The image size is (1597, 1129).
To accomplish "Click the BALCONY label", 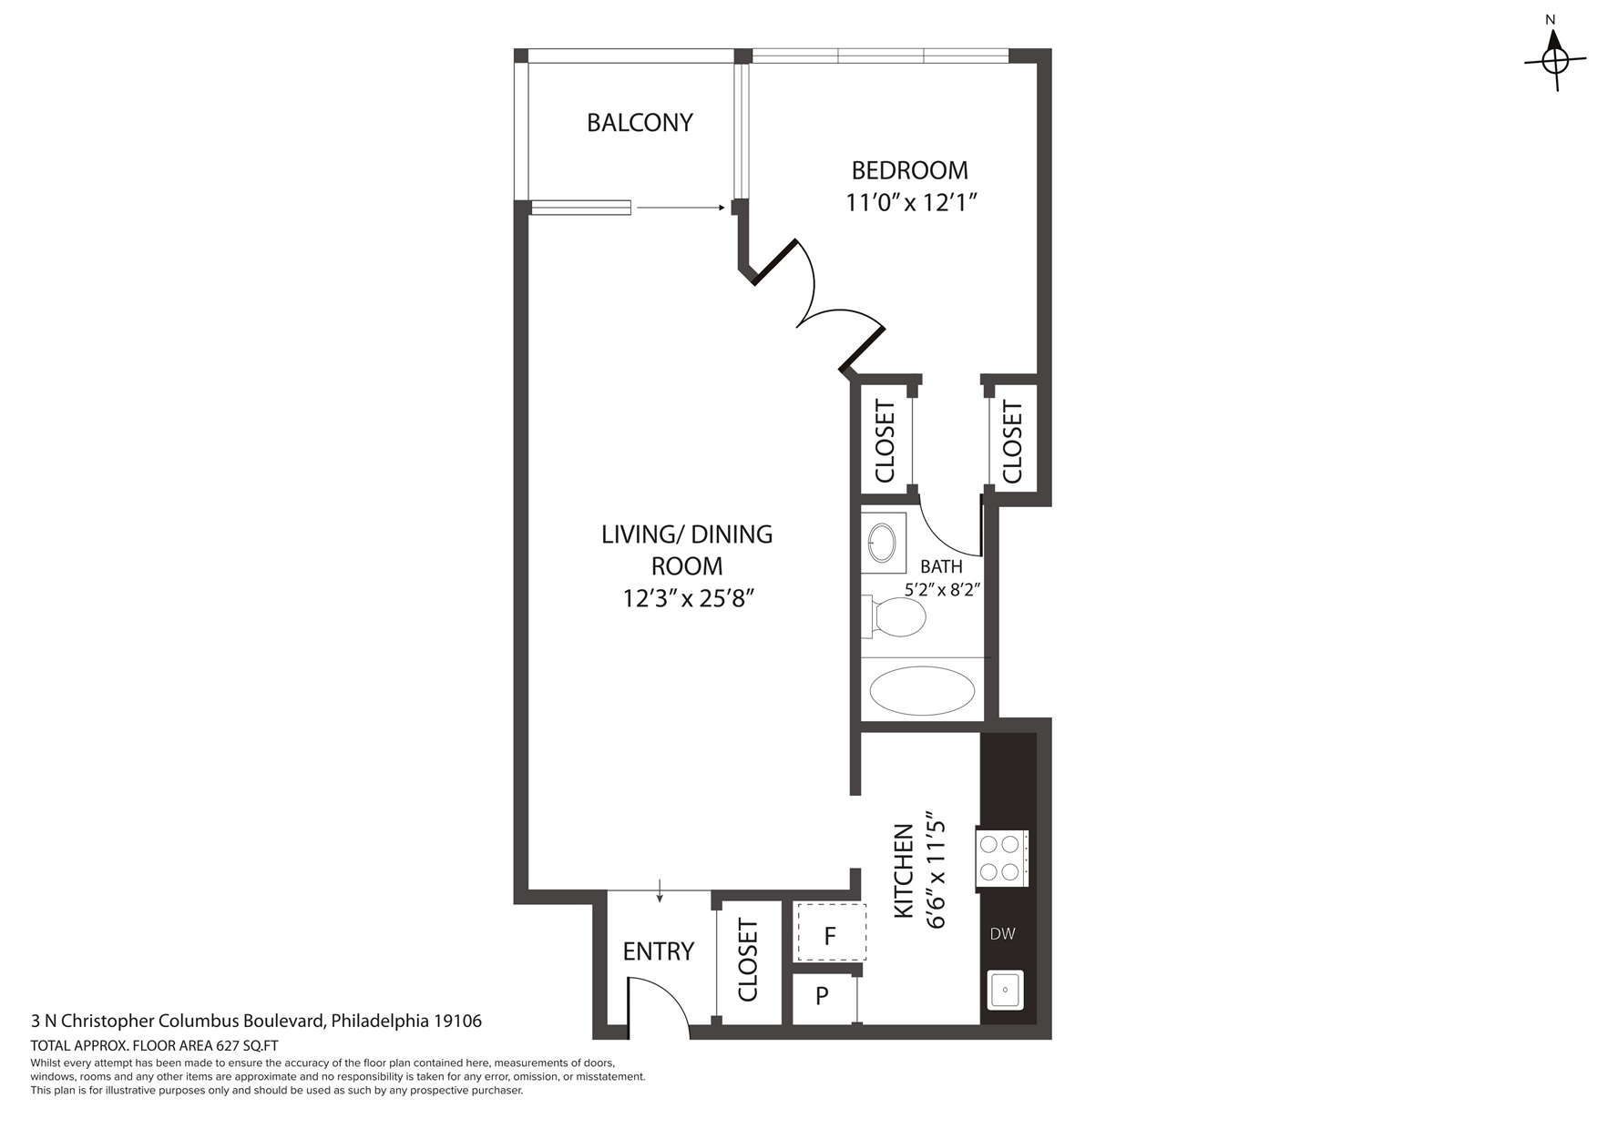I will [640, 123].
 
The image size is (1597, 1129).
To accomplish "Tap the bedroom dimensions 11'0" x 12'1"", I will [911, 202].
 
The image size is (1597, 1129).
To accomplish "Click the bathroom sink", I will [882, 544].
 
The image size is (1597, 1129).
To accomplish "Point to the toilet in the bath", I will [896, 617].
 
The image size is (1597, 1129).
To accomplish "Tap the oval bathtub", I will [922, 691].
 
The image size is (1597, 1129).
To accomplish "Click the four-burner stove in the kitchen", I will [999, 859].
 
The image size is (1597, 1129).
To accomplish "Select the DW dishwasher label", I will [1002, 934].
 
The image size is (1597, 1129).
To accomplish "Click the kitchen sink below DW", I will [1006, 990].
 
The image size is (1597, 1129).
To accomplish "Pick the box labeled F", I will [830, 935].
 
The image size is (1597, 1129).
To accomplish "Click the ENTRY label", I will [658, 951].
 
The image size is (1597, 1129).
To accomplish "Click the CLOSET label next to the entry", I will [748, 961].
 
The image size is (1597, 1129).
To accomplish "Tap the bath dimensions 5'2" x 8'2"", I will [942, 590].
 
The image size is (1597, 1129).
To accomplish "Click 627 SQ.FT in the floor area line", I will [246, 1045].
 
